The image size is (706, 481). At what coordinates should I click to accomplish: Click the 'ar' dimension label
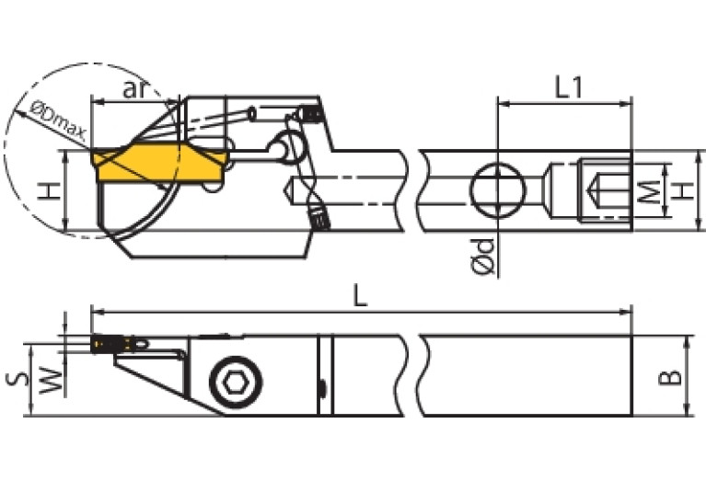click(135, 88)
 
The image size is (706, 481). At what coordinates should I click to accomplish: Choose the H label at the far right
click(681, 191)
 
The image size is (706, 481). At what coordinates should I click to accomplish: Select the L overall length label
click(361, 295)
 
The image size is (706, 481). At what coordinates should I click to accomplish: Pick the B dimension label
click(673, 375)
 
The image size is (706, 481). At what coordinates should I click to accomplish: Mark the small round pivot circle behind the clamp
click(293, 145)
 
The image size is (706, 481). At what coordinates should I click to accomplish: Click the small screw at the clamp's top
click(313, 114)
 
